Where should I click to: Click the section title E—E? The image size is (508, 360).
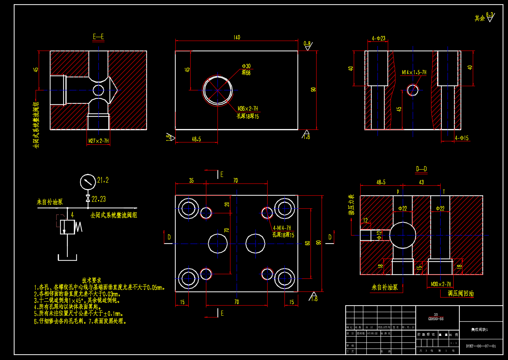pyautogui.click(x=98, y=37)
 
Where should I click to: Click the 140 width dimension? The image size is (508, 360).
pyautogui.click(x=237, y=38)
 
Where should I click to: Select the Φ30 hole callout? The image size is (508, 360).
pyautogui.click(x=246, y=66)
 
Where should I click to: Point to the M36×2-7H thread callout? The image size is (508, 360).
pyautogui.click(x=248, y=109)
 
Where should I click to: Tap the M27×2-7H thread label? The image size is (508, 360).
pyautogui.click(x=98, y=141)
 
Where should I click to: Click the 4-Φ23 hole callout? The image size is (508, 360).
pyautogui.click(x=378, y=38)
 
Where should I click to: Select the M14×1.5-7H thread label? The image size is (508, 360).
pyautogui.click(x=414, y=72)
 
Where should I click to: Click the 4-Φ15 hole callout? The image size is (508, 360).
pyautogui.click(x=461, y=138)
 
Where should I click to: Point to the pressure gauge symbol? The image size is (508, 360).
pyautogui.click(x=88, y=182)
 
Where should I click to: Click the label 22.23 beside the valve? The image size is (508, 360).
pyautogui.click(x=98, y=199)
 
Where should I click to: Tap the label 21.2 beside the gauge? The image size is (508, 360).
pyautogui.click(x=103, y=180)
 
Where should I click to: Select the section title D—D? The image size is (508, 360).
pyautogui.click(x=421, y=169)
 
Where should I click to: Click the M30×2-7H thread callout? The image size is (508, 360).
pyautogui.click(x=441, y=284)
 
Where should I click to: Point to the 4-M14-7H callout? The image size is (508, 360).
pyautogui.click(x=282, y=228)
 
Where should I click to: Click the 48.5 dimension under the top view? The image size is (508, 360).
pyautogui.click(x=196, y=139)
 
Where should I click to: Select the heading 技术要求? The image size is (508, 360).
pyautogui.click(x=91, y=280)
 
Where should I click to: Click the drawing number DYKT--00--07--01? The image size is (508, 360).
pyautogui.click(x=480, y=346)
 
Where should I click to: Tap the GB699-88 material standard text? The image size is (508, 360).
pyautogui.click(x=436, y=319)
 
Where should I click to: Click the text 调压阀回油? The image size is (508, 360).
pyautogui.click(x=461, y=294)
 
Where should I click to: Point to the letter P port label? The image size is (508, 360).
pyautogui.click(x=398, y=191)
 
